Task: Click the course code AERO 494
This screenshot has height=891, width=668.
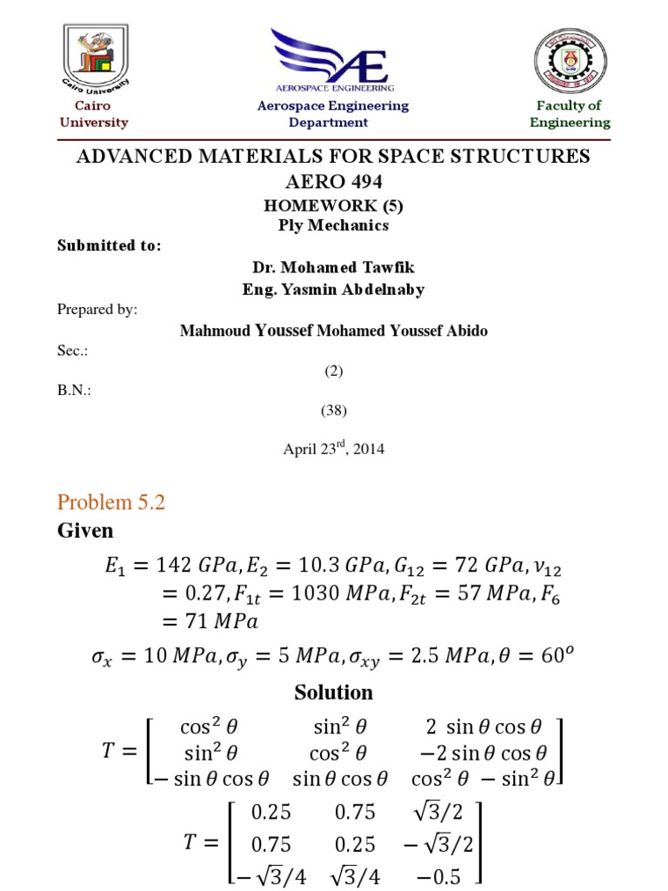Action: coord(334,183)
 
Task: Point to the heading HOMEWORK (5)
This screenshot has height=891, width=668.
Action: coord(334,207)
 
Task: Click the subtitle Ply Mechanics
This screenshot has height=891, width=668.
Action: coord(334,225)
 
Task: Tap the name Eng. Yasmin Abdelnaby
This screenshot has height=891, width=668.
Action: coord(334,290)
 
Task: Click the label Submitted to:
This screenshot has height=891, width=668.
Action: coord(110,245)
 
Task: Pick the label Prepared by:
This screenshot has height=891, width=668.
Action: coord(97,309)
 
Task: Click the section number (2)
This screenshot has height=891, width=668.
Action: coord(334,371)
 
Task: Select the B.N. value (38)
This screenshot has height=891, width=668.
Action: coord(334,410)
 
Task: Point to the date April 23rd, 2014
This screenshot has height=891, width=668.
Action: coord(334,449)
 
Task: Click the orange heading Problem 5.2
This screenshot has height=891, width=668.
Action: coord(110,502)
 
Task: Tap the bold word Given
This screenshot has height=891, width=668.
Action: coord(85,530)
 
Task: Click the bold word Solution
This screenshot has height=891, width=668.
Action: coord(334,693)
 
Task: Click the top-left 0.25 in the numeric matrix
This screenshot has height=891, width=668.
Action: coord(271,813)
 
